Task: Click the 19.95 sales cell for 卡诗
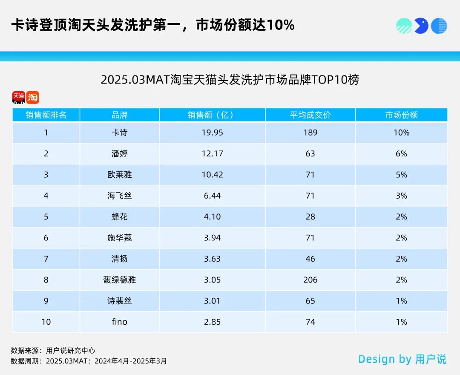[212, 133]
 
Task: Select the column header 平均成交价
[310, 115]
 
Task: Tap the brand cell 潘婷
[119, 153]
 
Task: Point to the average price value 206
[310, 280]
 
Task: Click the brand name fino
[119, 322]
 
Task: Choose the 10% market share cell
[401, 133]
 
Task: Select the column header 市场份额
[401, 115]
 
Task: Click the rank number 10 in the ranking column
[46, 322]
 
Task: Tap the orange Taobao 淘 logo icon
[32, 98]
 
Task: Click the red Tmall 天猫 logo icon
[18, 98]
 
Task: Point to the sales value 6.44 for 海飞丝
[212, 196]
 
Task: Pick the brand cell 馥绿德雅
[119, 280]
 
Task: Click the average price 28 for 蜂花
[310, 216]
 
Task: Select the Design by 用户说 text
[402, 359]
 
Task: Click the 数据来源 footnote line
[53, 350]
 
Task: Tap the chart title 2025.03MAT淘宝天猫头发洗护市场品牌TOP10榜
[230, 80]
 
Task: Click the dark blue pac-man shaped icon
[421, 26]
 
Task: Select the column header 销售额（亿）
[212, 115]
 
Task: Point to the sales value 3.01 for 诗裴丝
[212, 301]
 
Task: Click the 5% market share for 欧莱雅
[401, 175]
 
